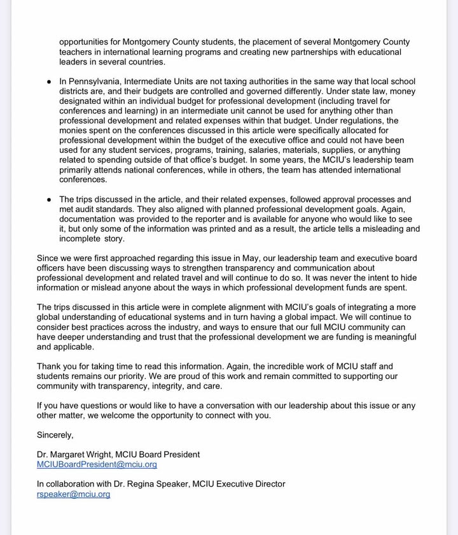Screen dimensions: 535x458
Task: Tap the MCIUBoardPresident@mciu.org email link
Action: tap(97, 464)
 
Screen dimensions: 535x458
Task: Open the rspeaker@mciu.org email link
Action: tap(73, 494)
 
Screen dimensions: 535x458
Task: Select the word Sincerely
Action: tap(55, 435)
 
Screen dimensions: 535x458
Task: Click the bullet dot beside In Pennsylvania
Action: tap(50, 82)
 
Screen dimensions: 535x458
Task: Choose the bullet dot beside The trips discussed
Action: tap(50, 200)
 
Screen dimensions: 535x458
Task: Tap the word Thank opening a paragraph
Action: tap(50, 366)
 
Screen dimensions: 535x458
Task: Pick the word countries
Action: tap(146, 62)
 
